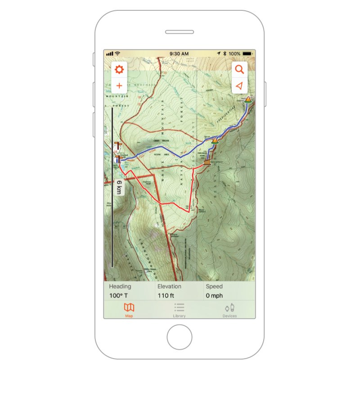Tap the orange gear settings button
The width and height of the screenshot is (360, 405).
pos(119,70)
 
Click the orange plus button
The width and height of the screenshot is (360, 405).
pos(119,85)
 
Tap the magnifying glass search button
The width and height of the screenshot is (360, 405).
pos(239,69)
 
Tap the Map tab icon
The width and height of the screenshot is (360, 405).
pos(129,308)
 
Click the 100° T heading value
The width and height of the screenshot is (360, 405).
pos(118,296)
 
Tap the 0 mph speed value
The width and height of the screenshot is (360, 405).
pos(214,296)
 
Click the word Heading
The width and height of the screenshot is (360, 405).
pos(120,286)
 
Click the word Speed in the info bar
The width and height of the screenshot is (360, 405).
pos(214,286)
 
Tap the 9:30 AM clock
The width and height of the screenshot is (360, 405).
pos(179,54)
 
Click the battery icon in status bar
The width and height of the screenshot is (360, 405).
pos(247,54)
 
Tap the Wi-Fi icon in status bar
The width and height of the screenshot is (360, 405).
pos(117,54)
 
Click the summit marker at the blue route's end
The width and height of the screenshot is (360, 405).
pos(248,99)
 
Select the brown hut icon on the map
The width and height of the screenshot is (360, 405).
pos(207,162)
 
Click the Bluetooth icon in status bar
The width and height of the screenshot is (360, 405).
pos(225,54)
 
